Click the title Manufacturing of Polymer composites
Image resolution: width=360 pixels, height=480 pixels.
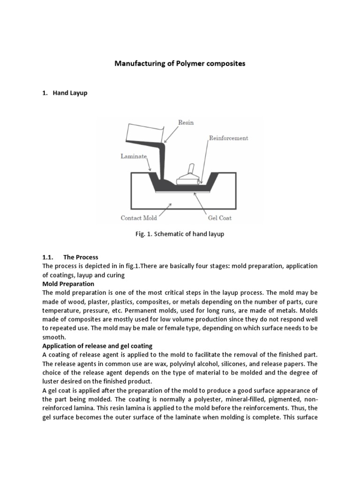[x=180, y=63]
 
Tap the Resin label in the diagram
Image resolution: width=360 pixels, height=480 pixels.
[x=186, y=123]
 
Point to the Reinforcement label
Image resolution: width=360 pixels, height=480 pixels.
[x=228, y=138]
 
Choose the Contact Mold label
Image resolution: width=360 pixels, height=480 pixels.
[x=138, y=217]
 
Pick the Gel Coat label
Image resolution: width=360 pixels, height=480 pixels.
[x=219, y=217]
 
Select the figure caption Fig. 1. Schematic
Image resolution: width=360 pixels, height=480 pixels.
[x=180, y=234]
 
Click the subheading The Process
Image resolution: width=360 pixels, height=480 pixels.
[x=81, y=257]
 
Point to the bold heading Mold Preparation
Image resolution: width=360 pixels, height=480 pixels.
[x=68, y=284]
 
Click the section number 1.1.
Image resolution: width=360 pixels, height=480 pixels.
[x=48, y=257]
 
